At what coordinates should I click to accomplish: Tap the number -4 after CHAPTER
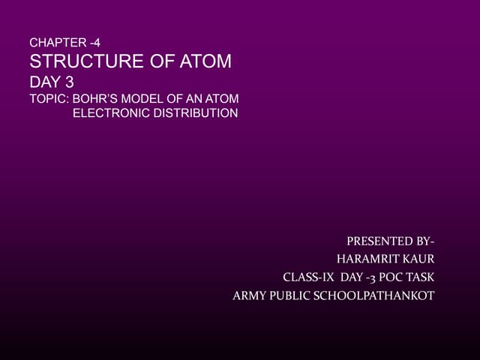pyautogui.click(x=93, y=43)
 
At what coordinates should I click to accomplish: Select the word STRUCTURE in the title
pyautogui.click(x=83, y=61)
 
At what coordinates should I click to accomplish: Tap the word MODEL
pyautogui.click(x=145, y=100)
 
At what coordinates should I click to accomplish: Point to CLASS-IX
pyautogui.click(x=308, y=277)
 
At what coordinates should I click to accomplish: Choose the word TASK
pyautogui.click(x=421, y=277)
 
